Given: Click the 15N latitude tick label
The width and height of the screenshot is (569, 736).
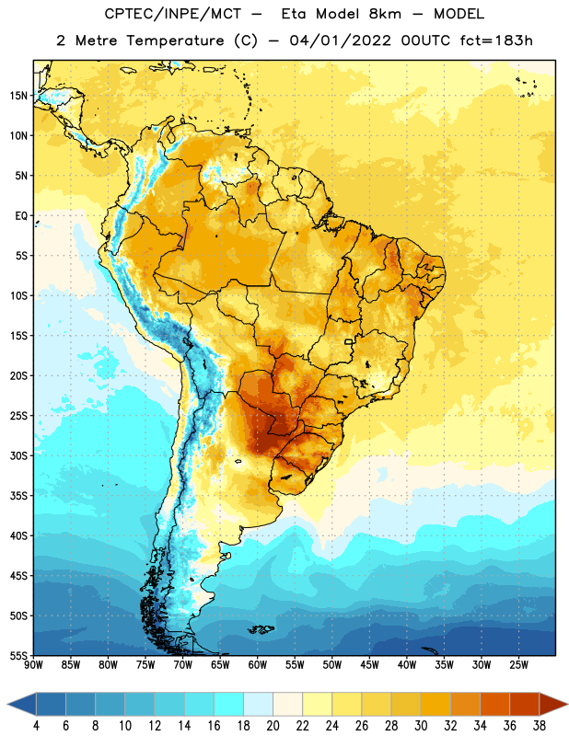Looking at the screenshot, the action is click(18, 96).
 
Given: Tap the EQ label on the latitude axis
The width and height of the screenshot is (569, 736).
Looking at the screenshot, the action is click(21, 216).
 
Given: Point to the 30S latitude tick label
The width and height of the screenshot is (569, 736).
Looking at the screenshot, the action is click(18, 455).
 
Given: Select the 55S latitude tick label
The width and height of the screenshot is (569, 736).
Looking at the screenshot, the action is click(18, 656).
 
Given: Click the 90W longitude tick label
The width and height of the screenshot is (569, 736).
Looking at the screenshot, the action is click(33, 665).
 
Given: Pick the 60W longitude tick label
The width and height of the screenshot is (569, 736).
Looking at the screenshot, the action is click(258, 665).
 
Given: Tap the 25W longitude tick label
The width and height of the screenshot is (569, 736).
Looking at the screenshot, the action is click(518, 665).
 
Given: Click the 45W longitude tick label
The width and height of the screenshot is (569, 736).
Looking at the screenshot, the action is click(369, 665).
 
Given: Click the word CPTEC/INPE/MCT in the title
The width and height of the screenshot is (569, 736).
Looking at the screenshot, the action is click(173, 14).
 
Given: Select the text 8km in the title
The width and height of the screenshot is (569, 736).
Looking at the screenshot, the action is click(385, 14).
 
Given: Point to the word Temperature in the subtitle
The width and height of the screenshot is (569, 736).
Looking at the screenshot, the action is click(175, 40).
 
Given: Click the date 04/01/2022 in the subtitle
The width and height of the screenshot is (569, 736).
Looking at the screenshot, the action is click(340, 40).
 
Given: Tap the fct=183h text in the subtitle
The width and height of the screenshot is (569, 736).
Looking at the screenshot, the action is click(496, 40).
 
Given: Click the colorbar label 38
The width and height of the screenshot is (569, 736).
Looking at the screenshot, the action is click(540, 726).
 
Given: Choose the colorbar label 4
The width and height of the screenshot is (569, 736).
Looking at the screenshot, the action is click(36, 726).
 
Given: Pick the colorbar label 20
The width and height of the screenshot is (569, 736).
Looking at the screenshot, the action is click(273, 726).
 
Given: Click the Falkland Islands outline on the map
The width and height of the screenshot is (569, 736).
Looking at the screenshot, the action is click(261, 629).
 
